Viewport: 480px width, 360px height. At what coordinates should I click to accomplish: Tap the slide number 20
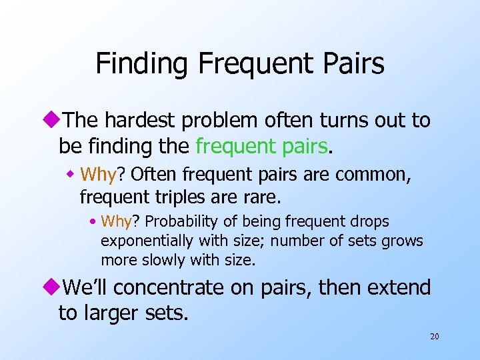pyautogui.click(x=434, y=337)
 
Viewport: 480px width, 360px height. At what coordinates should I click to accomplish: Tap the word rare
pyautogui.click(x=263, y=197)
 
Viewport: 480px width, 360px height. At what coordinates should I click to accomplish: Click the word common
pyautogui.click(x=371, y=175)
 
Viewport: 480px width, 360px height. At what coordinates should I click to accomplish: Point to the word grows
pyautogui.click(x=404, y=240)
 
